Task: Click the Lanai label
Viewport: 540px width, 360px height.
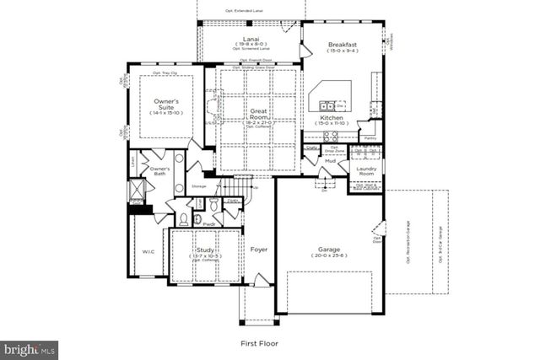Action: tap(250, 39)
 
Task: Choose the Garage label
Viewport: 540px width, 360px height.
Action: tap(329, 250)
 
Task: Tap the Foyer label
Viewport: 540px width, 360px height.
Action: tap(259, 250)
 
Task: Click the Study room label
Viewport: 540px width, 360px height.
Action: tap(205, 250)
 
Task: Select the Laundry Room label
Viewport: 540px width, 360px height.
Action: tap(365, 170)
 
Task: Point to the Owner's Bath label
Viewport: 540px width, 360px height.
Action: tap(160, 172)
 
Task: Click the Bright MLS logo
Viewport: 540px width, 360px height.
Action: tap(30, 348)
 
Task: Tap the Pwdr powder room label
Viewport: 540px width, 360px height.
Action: tap(207, 224)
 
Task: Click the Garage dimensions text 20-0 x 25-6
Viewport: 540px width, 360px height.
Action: tap(329, 258)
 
